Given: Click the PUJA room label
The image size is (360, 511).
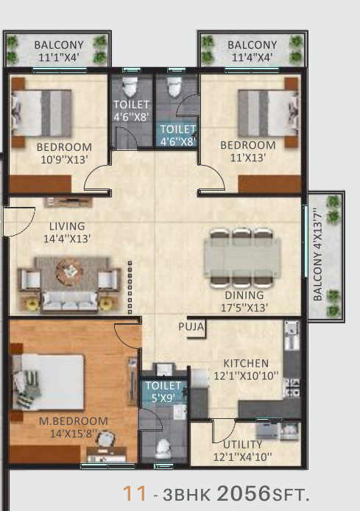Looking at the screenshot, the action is click(x=191, y=326).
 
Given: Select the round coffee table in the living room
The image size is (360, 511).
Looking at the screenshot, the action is click(x=70, y=269).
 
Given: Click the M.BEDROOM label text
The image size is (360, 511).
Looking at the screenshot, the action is click(x=74, y=420).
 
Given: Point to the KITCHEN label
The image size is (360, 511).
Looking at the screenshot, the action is click(x=246, y=363).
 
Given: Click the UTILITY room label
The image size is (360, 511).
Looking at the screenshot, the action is click(x=243, y=444).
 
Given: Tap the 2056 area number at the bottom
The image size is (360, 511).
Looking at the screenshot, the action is click(x=244, y=493).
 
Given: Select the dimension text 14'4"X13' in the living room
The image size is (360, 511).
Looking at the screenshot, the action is click(x=67, y=239).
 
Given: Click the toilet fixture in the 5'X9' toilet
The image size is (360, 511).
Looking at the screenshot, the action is click(x=163, y=449).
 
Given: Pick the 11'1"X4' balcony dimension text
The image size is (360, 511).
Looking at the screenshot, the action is click(x=59, y=57).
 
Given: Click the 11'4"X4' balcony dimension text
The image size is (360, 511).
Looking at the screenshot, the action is click(x=253, y=57).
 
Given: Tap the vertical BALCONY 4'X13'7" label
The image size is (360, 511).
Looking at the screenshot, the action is click(x=317, y=257).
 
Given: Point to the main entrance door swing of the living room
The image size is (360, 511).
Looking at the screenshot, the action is click(x=20, y=222).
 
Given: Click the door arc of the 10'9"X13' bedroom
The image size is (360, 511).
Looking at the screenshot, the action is click(x=97, y=177).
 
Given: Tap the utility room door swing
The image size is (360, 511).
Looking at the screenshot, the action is click(x=224, y=431).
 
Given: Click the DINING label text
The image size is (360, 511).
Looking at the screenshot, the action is click(x=244, y=295).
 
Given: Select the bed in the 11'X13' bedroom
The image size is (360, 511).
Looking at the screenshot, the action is click(x=269, y=113).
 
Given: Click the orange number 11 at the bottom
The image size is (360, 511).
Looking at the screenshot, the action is click(x=134, y=494).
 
